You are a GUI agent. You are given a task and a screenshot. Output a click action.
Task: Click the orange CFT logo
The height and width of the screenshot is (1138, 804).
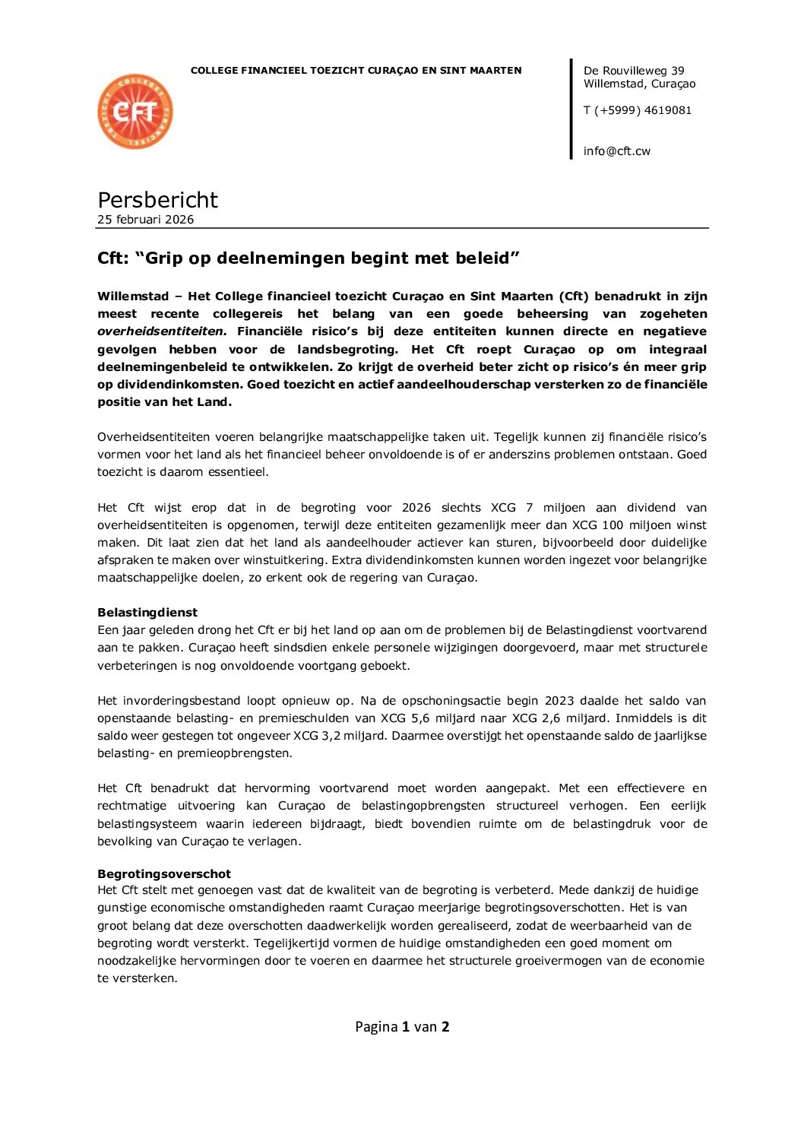pyautogui.click(x=135, y=112)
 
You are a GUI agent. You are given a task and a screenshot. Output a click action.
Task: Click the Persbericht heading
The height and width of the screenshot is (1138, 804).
pyautogui.click(x=157, y=200)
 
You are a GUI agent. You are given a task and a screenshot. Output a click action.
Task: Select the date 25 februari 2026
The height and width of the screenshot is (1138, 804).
pyautogui.click(x=145, y=220)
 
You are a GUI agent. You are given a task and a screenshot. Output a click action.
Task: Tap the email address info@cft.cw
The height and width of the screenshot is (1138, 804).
pyautogui.click(x=616, y=151)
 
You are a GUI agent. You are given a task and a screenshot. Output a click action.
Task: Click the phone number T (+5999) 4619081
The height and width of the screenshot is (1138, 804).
pyautogui.click(x=637, y=110)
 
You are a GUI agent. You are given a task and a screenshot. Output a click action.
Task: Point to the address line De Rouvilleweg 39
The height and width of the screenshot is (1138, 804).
pyautogui.click(x=634, y=71)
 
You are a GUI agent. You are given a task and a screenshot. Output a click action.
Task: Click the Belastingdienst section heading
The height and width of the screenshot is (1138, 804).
pyautogui.click(x=147, y=613)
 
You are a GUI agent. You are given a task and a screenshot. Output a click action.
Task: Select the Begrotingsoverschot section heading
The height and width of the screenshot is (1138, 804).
pyautogui.click(x=163, y=874)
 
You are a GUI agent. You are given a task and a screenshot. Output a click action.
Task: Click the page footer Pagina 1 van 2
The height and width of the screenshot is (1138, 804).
pyautogui.click(x=402, y=1027)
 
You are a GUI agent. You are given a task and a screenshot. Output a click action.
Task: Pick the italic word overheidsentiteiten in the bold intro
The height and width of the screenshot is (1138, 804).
pyautogui.click(x=162, y=331)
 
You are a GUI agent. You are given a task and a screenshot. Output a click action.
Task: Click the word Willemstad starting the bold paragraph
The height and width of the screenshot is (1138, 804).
pyautogui.click(x=133, y=296)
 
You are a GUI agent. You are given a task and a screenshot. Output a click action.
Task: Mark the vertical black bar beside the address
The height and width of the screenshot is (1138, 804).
pyautogui.click(x=571, y=109)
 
